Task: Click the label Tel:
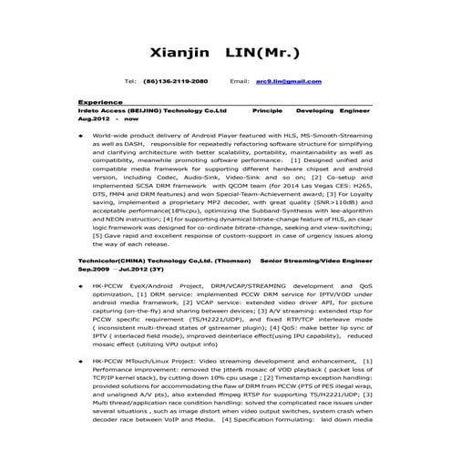point(129,81)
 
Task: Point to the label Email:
point(240,81)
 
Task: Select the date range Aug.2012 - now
point(108,119)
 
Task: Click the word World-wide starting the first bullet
point(110,134)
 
